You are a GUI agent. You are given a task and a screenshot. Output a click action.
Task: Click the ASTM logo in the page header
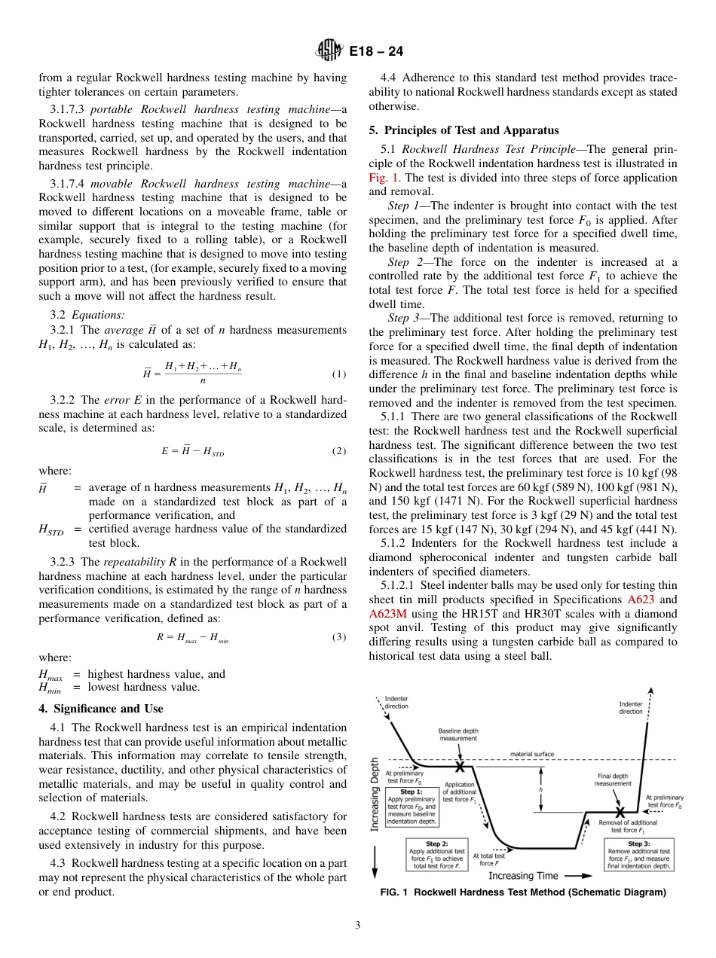tap(329, 51)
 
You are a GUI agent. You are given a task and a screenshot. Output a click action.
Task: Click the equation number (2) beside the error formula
tap(338, 451)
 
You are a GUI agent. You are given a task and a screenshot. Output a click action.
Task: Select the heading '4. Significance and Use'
tap(100, 708)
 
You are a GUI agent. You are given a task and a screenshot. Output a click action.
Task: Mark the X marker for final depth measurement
tap(620, 813)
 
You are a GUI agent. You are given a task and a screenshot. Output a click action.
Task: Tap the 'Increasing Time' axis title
tap(522, 876)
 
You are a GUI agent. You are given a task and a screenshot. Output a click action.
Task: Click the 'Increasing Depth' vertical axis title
tap(375, 794)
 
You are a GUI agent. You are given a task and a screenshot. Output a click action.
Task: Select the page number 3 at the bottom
tap(357, 926)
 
